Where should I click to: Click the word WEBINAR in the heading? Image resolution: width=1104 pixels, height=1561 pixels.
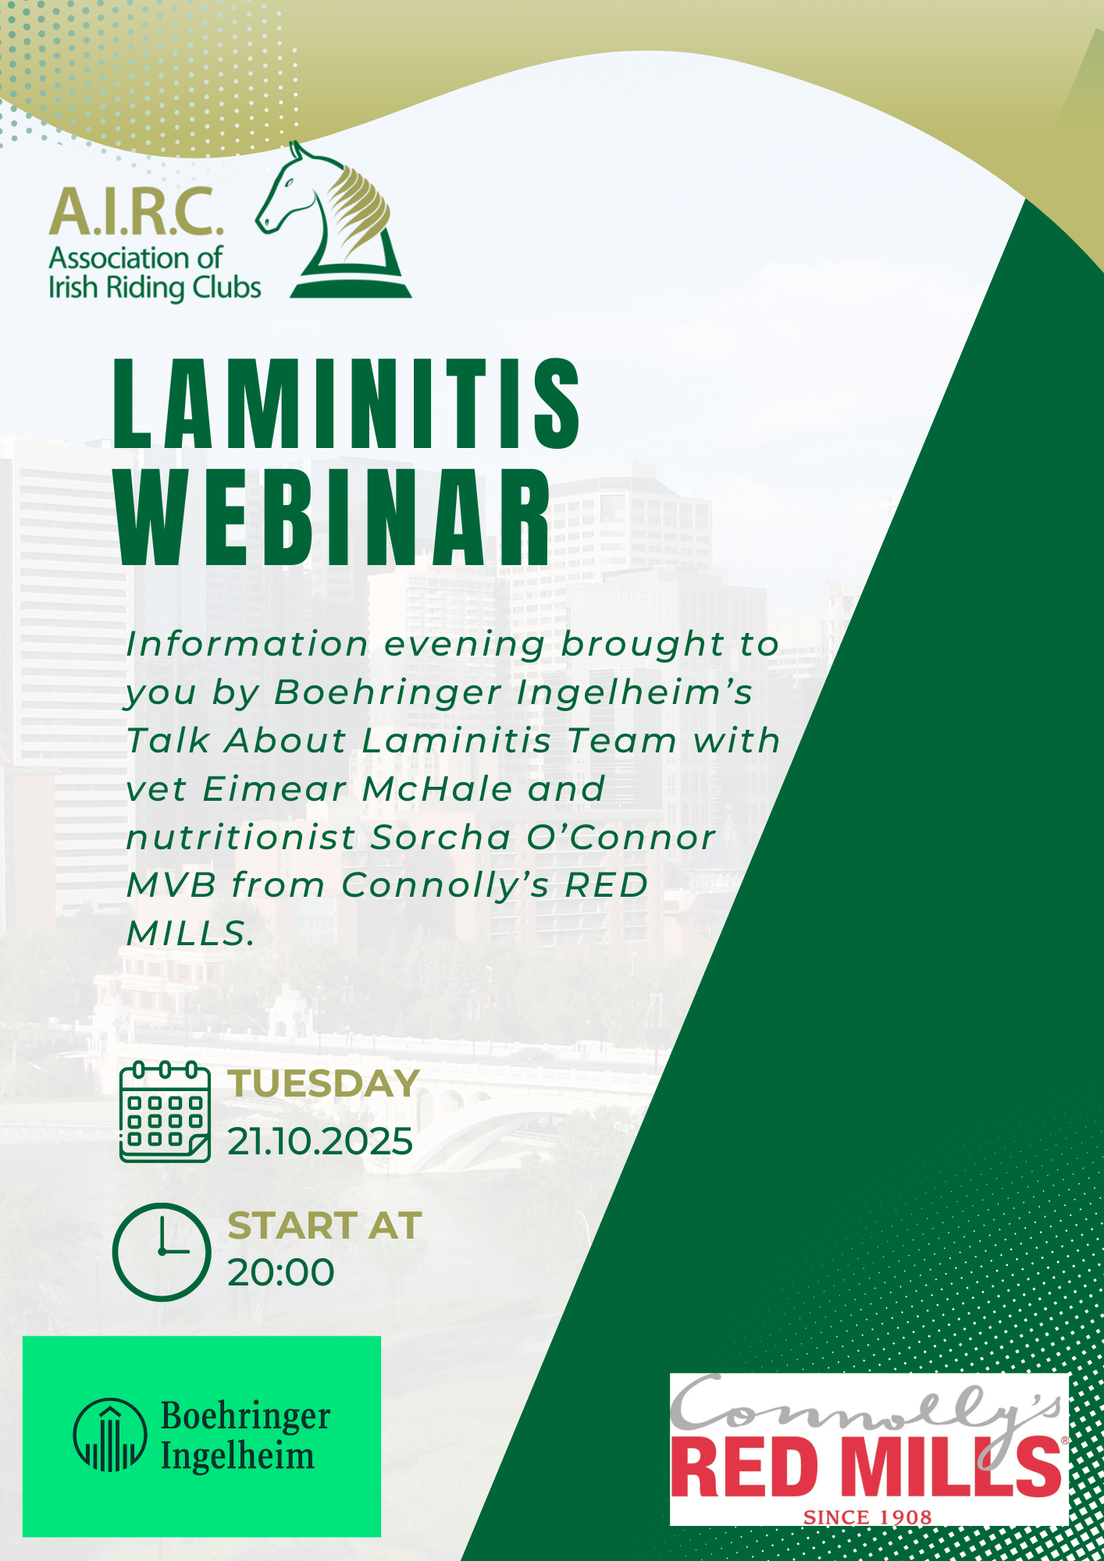333,517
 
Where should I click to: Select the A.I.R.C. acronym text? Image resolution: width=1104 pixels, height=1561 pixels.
136,212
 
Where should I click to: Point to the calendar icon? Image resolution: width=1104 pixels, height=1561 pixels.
165,1112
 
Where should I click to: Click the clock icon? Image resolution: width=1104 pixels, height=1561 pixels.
162,1252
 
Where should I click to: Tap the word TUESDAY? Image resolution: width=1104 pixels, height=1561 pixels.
324,1084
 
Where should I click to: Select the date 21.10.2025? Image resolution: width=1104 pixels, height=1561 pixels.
320,1142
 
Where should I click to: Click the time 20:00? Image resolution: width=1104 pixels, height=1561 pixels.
281,1273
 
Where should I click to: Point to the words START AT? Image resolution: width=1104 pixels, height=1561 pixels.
325,1225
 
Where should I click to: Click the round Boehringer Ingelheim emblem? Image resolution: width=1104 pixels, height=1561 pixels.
110,1435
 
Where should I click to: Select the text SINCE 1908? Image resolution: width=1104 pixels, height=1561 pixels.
867,1517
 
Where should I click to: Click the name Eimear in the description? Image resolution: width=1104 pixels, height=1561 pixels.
274,789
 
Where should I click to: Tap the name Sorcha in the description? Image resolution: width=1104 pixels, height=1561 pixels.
441,837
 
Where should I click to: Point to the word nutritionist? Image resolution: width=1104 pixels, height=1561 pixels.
240,837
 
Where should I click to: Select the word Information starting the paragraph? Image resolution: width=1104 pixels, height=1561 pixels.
248,644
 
